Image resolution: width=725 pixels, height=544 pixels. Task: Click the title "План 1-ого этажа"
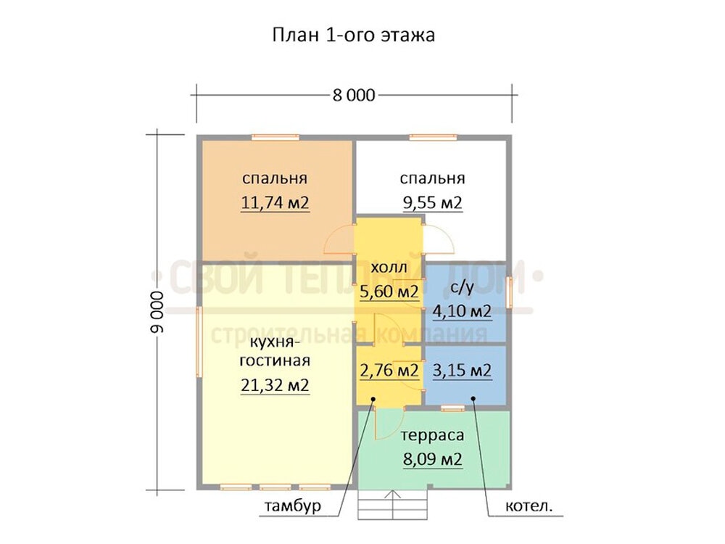coord(354,35)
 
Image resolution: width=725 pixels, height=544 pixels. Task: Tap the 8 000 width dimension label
coord(354,95)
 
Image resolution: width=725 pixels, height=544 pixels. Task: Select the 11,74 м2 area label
coord(275,202)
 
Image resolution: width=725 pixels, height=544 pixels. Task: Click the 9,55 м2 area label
coord(432,202)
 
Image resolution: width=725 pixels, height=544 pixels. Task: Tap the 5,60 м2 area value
coord(389,292)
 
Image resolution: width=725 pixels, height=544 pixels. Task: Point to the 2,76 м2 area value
coord(389,371)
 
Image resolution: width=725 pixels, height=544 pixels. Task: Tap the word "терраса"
coord(432,436)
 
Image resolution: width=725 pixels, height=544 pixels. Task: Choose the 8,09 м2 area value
coord(432,459)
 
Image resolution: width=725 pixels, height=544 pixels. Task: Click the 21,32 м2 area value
coord(275,385)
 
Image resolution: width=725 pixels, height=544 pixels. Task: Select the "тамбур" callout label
coord(292,506)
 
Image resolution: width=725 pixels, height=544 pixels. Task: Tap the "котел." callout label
coord(529,506)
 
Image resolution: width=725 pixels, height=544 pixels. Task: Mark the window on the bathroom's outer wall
coord(510,292)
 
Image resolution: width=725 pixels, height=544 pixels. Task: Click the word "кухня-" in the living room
coord(275,343)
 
